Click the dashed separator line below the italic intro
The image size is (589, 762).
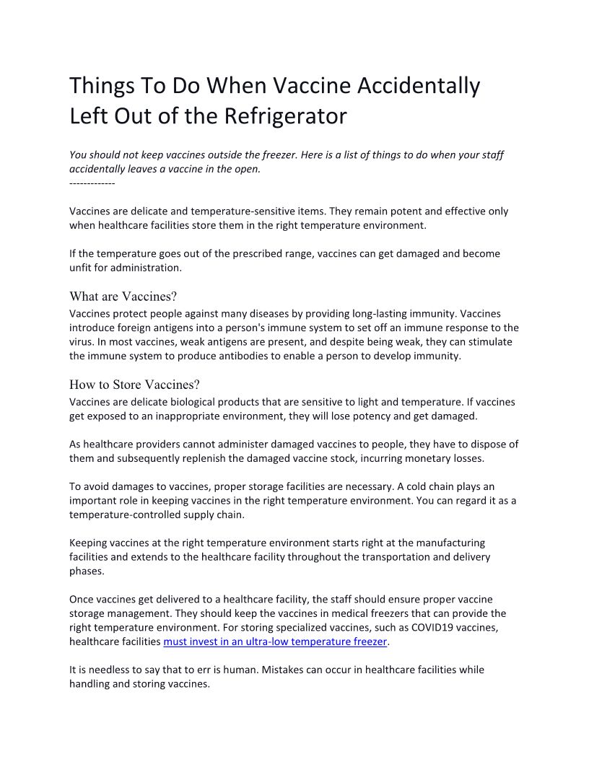(x=92, y=183)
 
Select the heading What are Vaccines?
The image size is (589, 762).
(x=123, y=297)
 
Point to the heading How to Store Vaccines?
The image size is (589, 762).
(x=134, y=385)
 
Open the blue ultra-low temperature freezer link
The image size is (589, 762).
(x=276, y=641)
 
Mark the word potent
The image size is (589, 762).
(x=307, y=211)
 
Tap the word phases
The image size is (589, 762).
(x=87, y=571)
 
